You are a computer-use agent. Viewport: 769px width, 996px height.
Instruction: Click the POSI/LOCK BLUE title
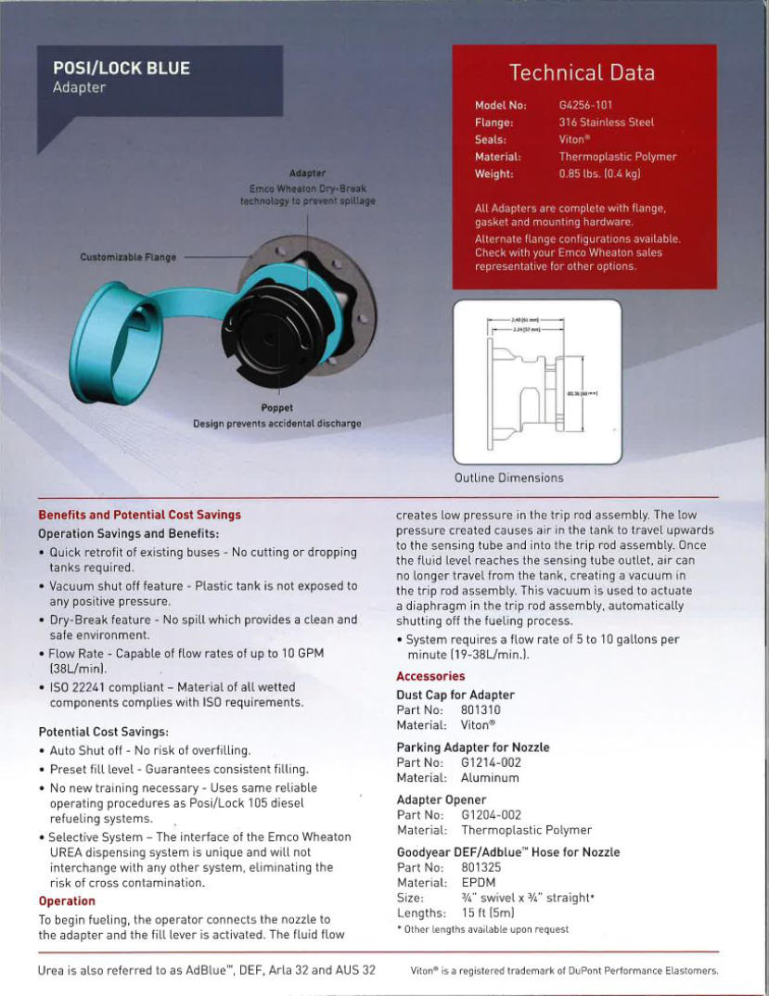pos(121,69)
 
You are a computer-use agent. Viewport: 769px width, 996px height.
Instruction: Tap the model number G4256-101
pos(585,106)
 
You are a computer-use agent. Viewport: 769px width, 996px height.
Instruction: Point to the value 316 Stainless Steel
pos(606,122)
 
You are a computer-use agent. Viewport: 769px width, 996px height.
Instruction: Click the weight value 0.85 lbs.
pos(599,173)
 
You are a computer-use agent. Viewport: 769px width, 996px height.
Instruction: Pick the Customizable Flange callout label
pos(128,257)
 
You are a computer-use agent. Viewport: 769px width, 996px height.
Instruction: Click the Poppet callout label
pos(276,407)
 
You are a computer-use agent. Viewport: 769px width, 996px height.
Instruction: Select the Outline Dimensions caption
pos(508,478)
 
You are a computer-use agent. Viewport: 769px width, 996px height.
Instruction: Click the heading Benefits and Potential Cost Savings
pos(139,515)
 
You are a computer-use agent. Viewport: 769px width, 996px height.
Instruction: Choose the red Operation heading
pos(67,901)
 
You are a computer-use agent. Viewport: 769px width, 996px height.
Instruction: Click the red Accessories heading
pos(430,676)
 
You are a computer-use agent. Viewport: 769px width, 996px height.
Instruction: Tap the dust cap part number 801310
pos(481,710)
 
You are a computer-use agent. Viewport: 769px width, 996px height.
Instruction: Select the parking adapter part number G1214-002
pos(491,762)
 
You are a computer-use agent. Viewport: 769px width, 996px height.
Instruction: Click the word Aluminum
pos(490,778)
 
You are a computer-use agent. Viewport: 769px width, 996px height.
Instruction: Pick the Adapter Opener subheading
pos(441,799)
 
